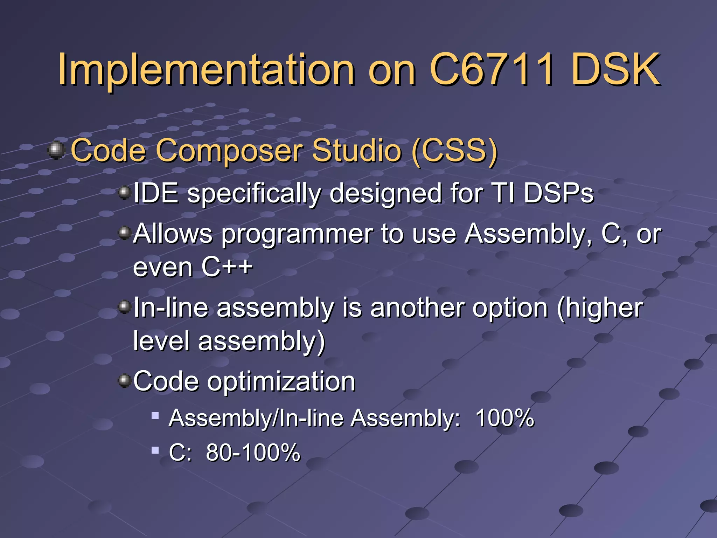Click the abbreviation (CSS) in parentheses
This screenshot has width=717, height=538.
click(454, 151)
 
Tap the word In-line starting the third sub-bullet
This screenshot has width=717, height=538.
click(170, 308)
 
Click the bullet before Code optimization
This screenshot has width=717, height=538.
click(124, 380)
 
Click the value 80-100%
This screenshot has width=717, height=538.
click(253, 452)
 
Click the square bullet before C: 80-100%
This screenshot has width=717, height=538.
click(155, 449)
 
